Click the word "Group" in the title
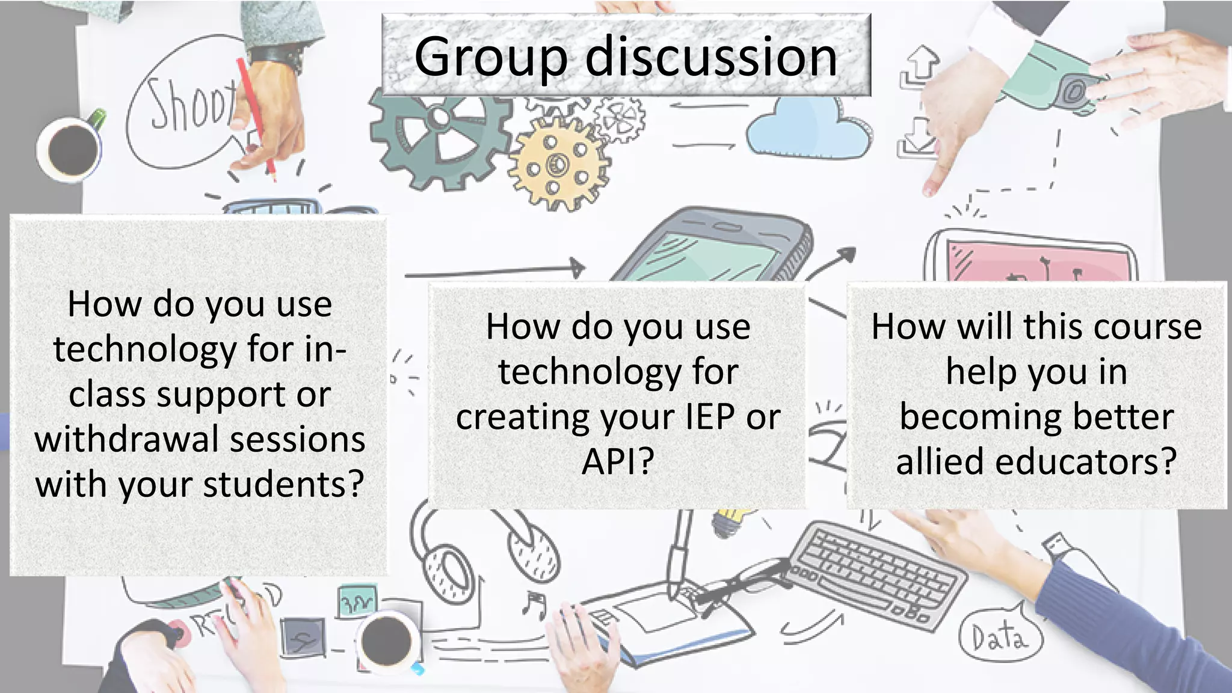(490, 57)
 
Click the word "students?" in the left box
(283, 484)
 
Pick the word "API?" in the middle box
(618, 461)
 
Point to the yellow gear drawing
(558, 162)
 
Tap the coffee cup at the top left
(71, 147)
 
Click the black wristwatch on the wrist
(278, 55)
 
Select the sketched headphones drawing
(481, 550)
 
